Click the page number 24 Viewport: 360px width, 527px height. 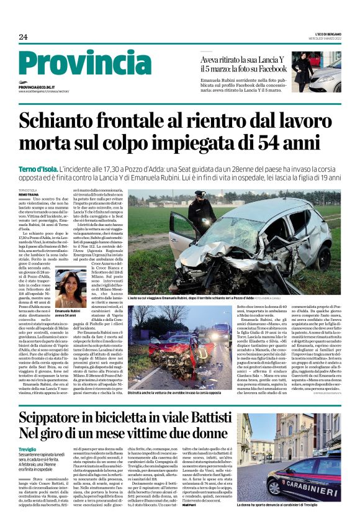(x=24, y=37)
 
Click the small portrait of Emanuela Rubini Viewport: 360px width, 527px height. (x=70, y=289)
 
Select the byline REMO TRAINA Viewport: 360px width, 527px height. (x=30, y=195)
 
